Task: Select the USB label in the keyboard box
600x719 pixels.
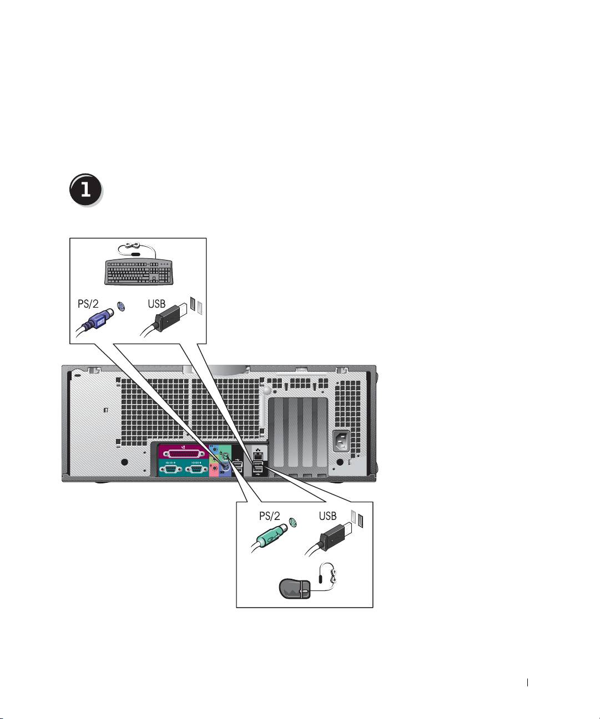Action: point(157,304)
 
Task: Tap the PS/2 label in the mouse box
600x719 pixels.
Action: point(271,516)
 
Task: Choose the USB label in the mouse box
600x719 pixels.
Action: point(327,516)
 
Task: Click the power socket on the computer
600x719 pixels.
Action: point(342,442)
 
